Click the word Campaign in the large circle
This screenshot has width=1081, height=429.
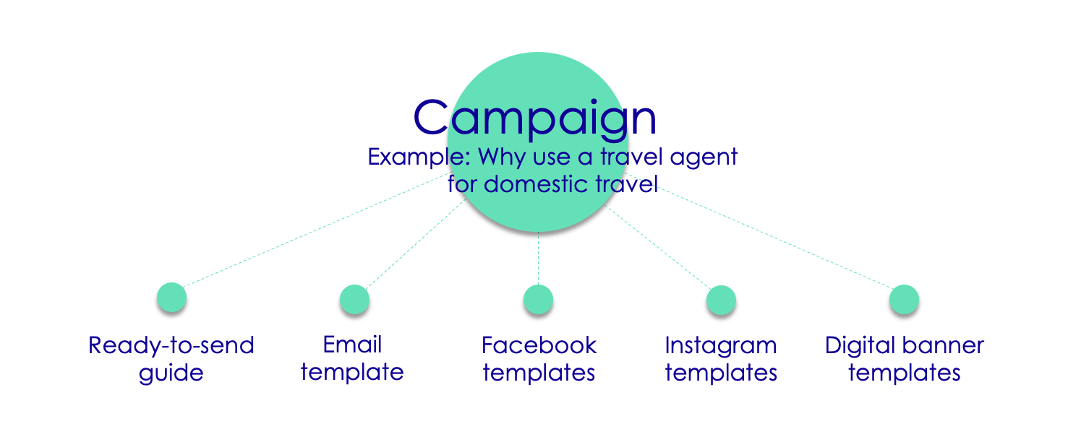534,118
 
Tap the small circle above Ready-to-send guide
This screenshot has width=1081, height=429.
172,297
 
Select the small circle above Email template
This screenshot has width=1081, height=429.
355,299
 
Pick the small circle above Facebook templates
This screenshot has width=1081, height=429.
538,299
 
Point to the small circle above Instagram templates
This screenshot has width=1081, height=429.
721,300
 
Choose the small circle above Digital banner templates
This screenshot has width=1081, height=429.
904,299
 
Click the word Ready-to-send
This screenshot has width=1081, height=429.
171,345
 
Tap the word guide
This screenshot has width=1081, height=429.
171,373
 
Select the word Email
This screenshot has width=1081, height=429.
352,344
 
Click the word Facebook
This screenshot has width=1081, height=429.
539,345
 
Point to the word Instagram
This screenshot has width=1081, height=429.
721,347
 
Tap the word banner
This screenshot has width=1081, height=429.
943,345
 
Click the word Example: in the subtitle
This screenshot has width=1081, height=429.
419,157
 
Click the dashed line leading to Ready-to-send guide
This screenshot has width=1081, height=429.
317,230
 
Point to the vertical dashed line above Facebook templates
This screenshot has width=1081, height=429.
538,259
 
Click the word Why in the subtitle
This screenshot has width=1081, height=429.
501,158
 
